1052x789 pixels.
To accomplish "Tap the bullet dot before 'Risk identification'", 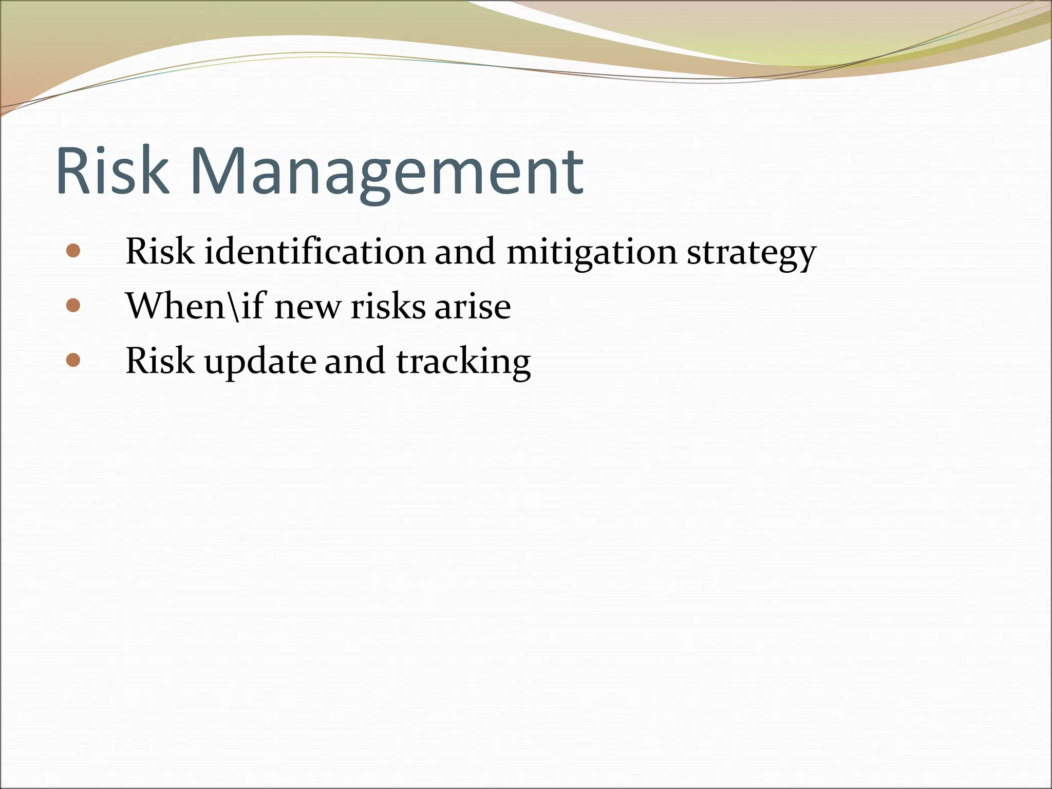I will click(x=73, y=251).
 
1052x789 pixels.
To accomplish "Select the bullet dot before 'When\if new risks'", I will click(x=73, y=306).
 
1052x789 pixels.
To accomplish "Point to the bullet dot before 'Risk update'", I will click(x=73, y=360).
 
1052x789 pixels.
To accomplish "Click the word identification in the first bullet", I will click(x=315, y=252).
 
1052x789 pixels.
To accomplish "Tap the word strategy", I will click(x=751, y=254).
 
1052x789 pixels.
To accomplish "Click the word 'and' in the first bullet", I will click(x=465, y=252).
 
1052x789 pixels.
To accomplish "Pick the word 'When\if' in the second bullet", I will click(x=196, y=306).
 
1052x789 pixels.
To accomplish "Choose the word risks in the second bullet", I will click(x=387, y=307).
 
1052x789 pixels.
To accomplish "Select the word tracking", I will click(x=463, y=362).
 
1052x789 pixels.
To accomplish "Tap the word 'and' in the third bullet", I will click(x=354, y=361).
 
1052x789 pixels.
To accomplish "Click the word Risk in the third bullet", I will click(x=160, y=361).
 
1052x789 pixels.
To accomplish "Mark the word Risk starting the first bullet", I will click(x=160, y=252).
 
